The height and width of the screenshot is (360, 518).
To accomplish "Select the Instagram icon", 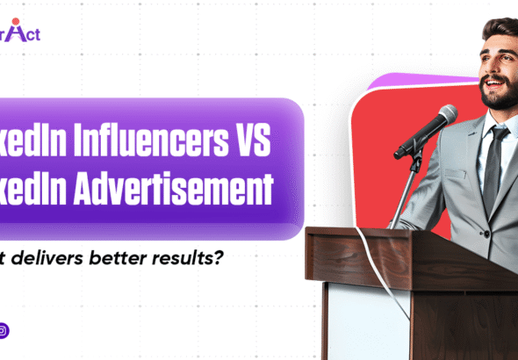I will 4,331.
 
